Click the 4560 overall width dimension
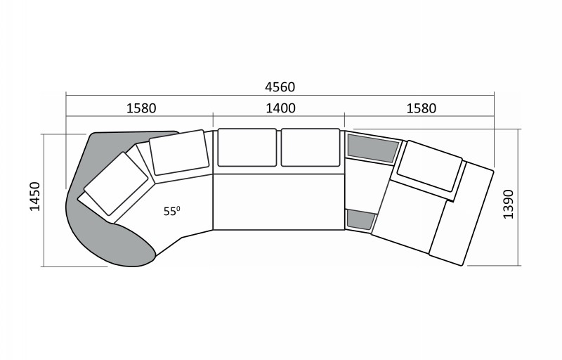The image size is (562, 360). pos(280,87)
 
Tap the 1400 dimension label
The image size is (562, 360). pos(280,108)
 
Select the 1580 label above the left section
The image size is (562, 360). pos(141,108)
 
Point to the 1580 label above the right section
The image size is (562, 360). pos(421,108)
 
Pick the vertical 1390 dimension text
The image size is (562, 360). pos(508,204)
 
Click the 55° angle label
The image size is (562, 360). pos(171,211)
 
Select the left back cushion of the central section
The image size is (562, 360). pos(247,148)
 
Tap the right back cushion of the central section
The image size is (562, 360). pos(311,148)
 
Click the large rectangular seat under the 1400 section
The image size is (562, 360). pos(278,202)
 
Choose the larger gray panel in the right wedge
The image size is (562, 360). pos(373,148)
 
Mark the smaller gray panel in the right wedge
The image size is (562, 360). pos(360,219)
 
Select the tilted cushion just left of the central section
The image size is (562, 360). pos(179,153)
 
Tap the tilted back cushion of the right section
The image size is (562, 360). pos(429,166)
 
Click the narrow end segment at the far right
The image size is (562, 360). pos(462,214)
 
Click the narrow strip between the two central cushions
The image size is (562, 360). pos(279,148)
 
